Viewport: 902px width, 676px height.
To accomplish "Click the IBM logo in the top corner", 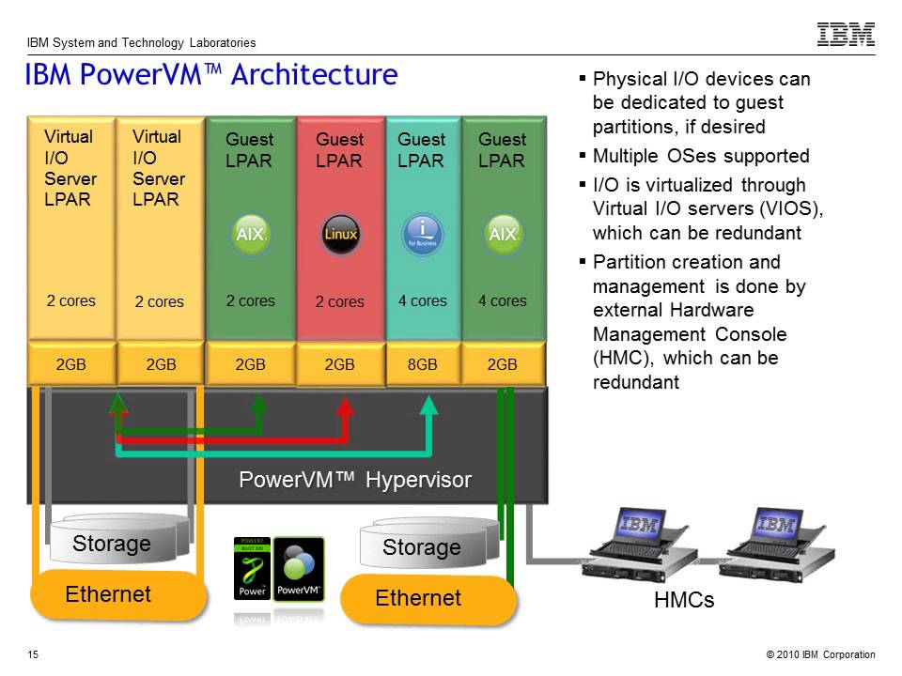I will pos(846,35).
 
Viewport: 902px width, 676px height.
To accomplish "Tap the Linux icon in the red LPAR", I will pos(340,233).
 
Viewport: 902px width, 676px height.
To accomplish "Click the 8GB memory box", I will pos(422,365).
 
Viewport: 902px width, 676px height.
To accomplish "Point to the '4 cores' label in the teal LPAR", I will pos(422,301).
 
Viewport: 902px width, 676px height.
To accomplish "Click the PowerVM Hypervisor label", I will pos(355,480).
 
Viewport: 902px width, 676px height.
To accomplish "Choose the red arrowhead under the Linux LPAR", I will pos(346,407).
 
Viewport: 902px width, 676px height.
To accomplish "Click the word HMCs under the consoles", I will pos(684,600).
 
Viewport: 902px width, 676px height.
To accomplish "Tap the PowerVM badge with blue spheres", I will pos(299,568).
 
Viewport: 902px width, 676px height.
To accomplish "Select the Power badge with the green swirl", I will pos(252,568).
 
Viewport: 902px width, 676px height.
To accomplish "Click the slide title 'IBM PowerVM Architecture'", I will pos(211,74).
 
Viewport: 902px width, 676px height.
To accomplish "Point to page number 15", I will pos(33,654).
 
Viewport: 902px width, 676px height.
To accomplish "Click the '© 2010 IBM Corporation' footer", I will pos(820,654).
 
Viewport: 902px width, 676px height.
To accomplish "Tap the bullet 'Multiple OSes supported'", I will pos(701,156).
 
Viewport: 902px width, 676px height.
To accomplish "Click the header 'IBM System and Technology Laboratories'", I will pos(141,42).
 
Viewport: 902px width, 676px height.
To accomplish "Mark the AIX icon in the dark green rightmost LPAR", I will pos(503,233).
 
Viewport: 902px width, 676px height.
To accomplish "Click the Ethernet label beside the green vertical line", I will pos(418,598).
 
